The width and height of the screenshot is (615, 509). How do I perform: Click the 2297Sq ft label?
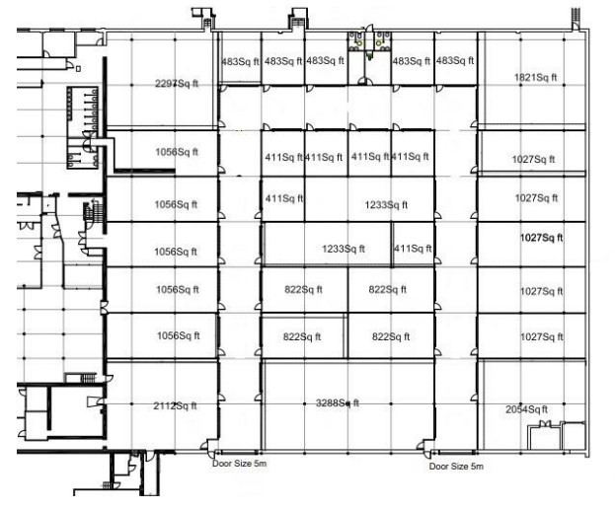click(177, 84)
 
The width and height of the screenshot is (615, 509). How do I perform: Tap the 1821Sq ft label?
click(535, 78)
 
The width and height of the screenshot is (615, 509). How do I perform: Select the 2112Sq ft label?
click(176, 406)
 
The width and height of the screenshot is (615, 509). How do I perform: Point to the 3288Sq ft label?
click(338, 402)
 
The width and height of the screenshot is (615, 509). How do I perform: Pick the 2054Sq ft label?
click(527, 410)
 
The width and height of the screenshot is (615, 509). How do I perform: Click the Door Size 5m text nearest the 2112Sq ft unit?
click(239, 464)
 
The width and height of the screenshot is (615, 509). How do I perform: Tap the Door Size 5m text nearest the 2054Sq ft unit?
click(456, 467)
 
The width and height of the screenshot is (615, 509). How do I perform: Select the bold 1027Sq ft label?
click(542, 238)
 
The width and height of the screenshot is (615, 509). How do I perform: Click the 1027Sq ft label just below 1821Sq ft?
click(533, 160)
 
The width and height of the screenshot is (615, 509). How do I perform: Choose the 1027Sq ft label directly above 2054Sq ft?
click(542, 337)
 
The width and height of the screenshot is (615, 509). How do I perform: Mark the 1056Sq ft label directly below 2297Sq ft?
click(177, 152)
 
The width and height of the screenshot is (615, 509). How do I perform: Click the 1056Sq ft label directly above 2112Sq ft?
click(179, 335)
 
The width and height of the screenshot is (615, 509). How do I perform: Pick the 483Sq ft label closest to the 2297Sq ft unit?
click(240, 62)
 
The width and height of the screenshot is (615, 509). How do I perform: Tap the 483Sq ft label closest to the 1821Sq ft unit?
click(455, 61)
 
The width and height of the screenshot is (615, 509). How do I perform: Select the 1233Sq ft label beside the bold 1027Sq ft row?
click(344, 249)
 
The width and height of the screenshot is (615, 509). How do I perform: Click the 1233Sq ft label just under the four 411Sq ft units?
click(386, 205)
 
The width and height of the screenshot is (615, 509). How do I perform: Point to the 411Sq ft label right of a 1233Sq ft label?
click(413, 249)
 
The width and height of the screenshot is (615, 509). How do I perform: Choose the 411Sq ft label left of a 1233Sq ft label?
click(284, 198)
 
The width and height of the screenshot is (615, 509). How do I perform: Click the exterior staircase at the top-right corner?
click(576, 19)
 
